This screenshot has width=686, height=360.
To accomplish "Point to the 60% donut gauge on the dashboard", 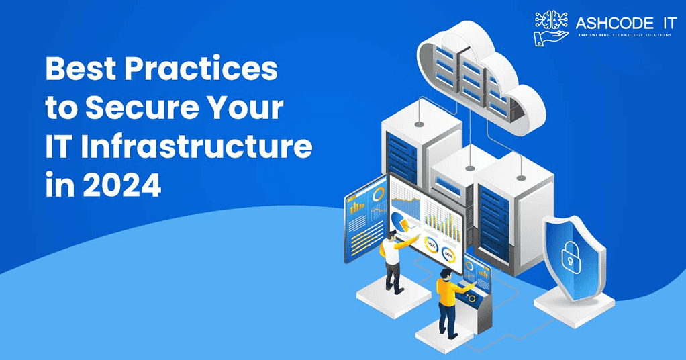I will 449,254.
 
